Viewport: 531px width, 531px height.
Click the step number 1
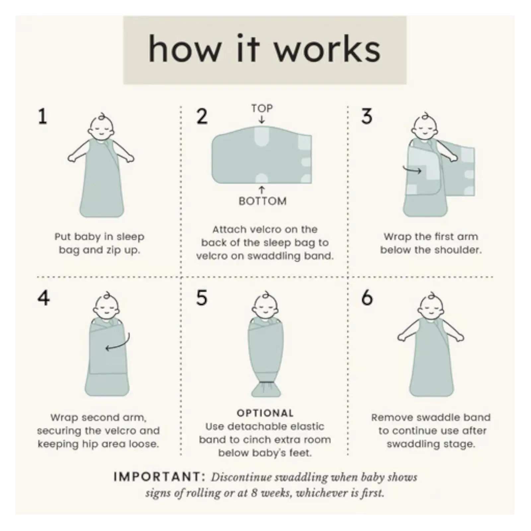click(42, 117)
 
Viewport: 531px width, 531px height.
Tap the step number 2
click(202, 116)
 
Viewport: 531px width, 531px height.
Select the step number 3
click(367, 116)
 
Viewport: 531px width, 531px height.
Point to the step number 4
click(43, 298)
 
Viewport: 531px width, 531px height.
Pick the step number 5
click(202, 298)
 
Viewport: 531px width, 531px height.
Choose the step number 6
click(367, 298)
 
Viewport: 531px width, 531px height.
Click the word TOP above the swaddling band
click(262, 108)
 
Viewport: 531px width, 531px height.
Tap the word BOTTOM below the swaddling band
click(263, 201)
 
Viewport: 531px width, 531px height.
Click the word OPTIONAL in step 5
click(265, 413)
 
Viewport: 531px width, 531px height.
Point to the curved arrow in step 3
click(412, 171)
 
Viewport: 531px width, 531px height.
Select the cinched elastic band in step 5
click(266, 383)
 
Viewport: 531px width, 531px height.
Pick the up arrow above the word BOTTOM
click(262, 190)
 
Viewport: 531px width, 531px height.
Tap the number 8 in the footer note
click(255, 493)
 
